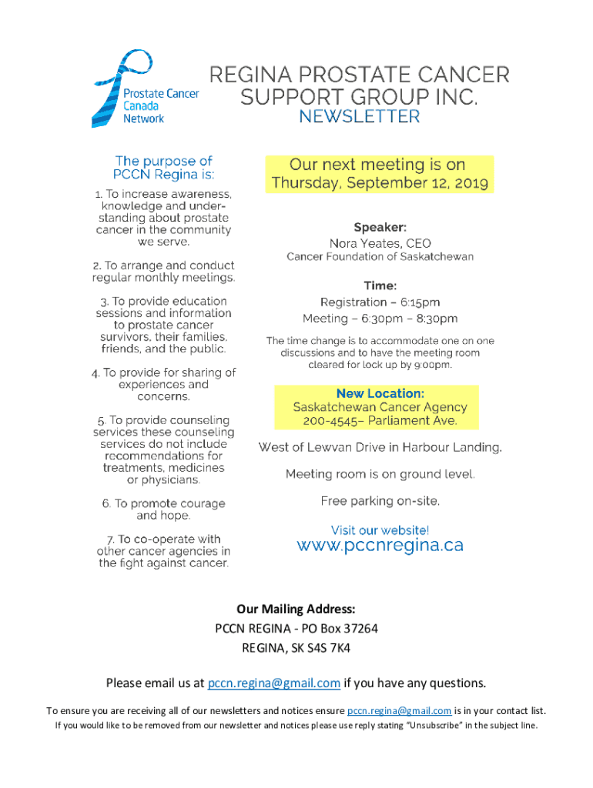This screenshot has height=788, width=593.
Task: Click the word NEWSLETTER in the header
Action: [x=360, y=117]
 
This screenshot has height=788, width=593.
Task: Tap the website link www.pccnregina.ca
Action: [x=380, y=546]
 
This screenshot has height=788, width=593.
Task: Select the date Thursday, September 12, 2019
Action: [x=380, y=184]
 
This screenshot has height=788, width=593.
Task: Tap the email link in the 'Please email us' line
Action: [x=274, y=683]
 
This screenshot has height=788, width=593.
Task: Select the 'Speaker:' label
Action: [x=380, y=228]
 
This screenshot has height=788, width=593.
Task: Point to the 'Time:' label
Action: [x=380, y=286]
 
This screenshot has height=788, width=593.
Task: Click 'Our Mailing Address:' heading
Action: [x=296, y=609]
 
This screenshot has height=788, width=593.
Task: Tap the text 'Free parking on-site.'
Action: [x=380, y=502]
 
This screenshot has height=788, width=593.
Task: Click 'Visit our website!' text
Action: [x=380, y=530]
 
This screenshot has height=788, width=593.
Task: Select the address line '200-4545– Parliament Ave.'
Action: [x=380, y=421]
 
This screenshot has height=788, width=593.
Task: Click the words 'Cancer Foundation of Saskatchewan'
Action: [x=380, y=257]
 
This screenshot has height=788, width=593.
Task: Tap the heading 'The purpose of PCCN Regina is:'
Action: [x=163, y=167]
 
